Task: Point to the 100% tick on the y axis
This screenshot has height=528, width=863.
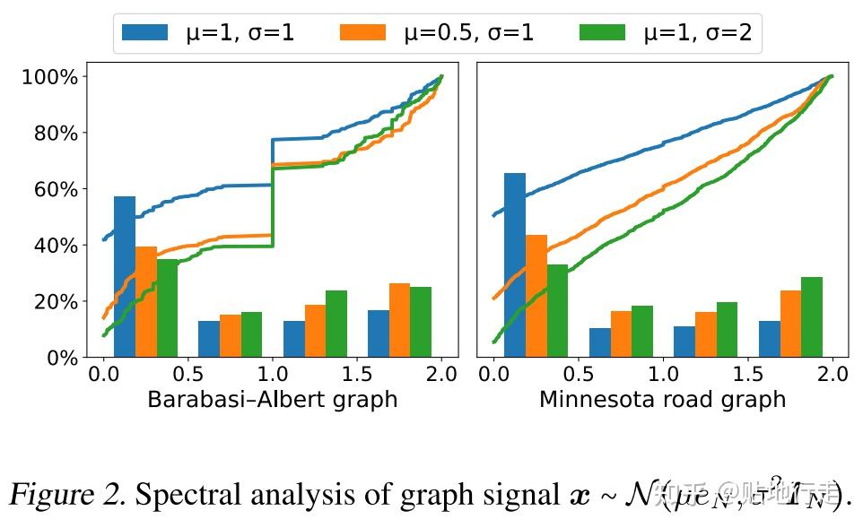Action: tap(50, 77)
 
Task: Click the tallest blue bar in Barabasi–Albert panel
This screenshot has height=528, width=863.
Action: tap(125, 276)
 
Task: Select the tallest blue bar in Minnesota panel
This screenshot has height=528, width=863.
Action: tap(515, 265)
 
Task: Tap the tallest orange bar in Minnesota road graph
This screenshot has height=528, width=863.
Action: tap(536, 296)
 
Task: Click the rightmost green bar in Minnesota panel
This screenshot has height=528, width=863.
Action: tap(812, 317)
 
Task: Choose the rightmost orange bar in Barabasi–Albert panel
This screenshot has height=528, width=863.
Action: tap(399, 320)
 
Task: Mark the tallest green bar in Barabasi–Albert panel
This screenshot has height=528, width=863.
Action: tap(167, 307)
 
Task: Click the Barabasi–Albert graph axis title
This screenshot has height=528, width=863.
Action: tap(272, 399)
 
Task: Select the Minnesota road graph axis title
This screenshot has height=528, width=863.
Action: tap(662, 399)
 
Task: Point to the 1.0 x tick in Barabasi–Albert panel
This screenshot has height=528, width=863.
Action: tap(272, 372)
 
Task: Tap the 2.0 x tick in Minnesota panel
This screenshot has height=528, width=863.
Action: tap(832, 372)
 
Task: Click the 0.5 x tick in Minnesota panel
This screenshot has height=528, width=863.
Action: tap(578, 372)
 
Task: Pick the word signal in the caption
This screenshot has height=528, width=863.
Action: tap(517, 494)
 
